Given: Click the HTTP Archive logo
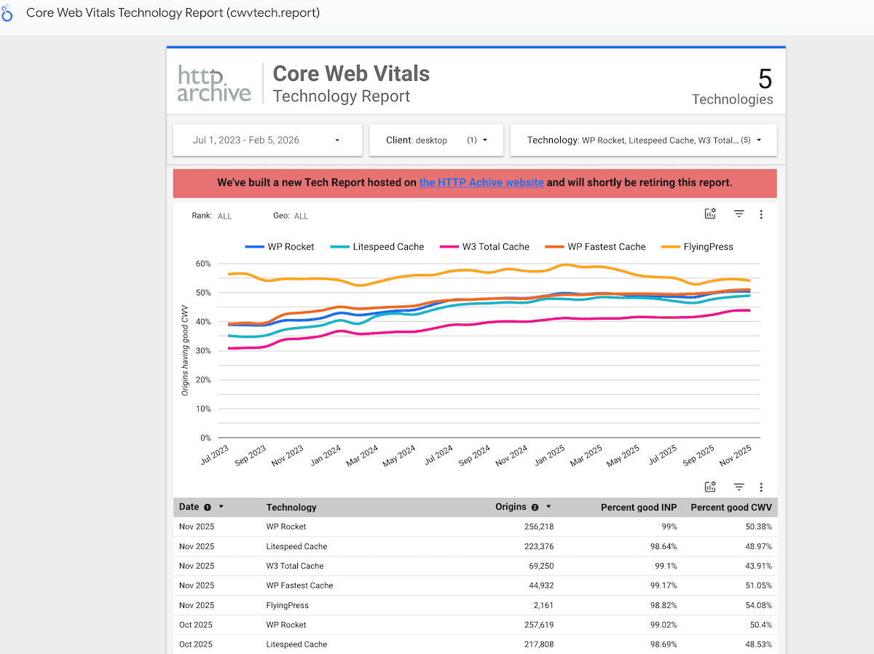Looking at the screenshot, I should click(214, 84).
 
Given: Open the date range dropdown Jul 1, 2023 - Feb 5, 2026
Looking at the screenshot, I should click(267, 140).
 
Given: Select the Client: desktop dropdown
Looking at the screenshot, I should click(436, 140).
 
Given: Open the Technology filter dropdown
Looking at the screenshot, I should click(643, 140).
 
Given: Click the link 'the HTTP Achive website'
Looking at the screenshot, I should click(481, 183).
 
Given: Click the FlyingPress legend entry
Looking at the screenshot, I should click(697, 247).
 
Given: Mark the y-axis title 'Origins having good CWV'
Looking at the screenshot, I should click(185, 351).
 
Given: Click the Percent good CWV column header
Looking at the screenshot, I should click(731, 507).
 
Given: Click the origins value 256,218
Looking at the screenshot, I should click(533, 527).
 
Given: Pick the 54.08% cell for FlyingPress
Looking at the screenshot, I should click(757, 605).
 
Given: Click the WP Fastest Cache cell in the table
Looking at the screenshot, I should click(299, 586).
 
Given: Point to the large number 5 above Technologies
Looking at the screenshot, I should click(764, 79).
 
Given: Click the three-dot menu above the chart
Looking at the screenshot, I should click(761, 214).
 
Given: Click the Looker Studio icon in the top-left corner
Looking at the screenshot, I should click(8, 14).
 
